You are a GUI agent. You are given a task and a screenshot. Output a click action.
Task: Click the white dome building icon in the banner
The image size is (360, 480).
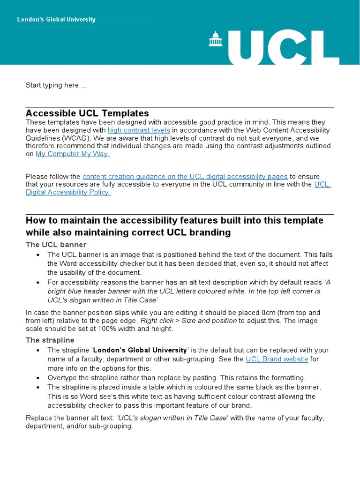pyautogui.click(x=216, y=39)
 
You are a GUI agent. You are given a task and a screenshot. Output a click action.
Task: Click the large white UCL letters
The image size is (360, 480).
pyautogui.click(x=284, y=48)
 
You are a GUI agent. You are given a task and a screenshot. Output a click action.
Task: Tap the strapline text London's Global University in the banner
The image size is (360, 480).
pyautogui.click(x=56, y=20)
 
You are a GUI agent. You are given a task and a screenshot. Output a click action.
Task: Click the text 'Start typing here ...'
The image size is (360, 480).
pyautogui.click(x=56, y=85)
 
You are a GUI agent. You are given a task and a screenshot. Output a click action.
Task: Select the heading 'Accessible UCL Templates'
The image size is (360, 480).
pyautogui.click(x=87, y=113)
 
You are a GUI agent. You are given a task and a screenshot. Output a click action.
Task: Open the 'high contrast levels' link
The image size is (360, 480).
pyautogui.click(x=139, y=130)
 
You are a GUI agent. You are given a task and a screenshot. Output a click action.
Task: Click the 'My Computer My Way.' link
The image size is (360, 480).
pyautogui.click(x=73, y=154)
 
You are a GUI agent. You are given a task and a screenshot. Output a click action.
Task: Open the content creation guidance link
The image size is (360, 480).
pyautogui.click(x=185, y=176)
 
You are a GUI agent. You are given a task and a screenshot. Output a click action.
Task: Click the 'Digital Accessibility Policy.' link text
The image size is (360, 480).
pyautogui.click(x=68, y=192)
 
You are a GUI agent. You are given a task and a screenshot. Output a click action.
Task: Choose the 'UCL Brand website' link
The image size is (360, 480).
pyautogui.click(x=277, y=359)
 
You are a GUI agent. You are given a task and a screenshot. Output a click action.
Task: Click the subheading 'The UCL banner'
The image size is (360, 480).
pyautogui.click(x=56, y=245)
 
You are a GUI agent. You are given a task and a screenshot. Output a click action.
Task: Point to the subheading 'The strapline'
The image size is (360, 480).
pyautogui.click(x=50, y=340)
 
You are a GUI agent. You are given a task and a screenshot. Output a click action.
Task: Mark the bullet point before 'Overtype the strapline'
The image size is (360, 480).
pyautogui.click(x=38, y=378)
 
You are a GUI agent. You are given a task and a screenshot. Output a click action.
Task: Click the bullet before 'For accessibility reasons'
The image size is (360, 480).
pyautogui.click(x=38, y=283)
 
